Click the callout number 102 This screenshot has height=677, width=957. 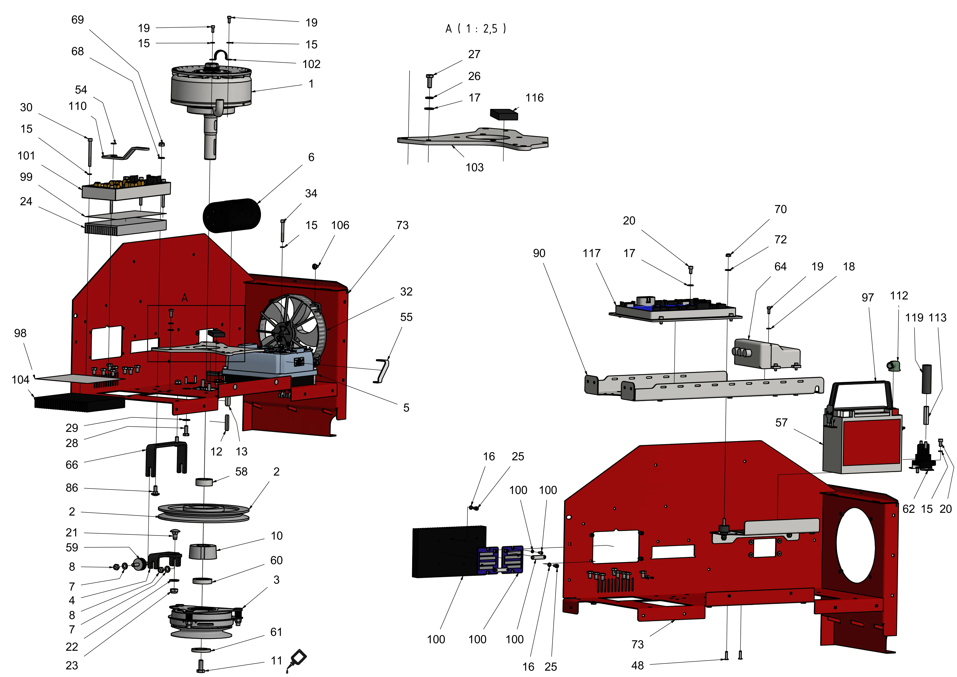tap(311, 64)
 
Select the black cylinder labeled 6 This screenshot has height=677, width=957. tap(232, 215)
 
